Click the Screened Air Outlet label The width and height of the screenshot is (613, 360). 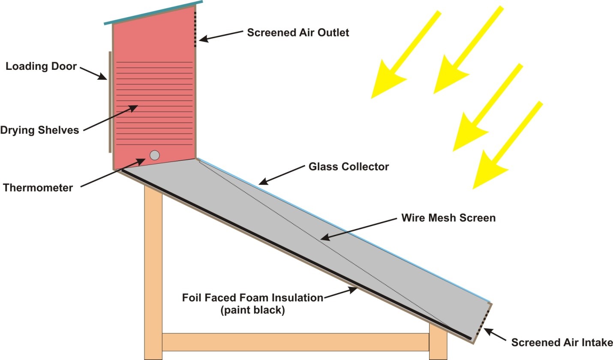tap(298, 33)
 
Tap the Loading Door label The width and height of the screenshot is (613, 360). tap(41, 66)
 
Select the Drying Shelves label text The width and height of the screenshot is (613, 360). tap(40, 130)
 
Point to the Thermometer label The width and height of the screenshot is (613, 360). tap(38, 188)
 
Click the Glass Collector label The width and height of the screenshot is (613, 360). tap(349, 167)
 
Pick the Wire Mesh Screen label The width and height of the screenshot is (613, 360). tap(448, 218)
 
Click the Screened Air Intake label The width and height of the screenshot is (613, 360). tap(562, 342)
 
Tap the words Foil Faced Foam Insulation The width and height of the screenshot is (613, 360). tap(253, 297)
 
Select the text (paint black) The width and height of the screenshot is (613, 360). tap(253, 310)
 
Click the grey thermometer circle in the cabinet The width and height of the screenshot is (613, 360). tap(155, 155)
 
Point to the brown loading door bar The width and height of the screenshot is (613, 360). tap(110, 102)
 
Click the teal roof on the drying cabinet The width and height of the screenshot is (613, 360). tap(153, 12)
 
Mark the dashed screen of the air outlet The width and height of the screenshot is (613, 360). tap(195, 27)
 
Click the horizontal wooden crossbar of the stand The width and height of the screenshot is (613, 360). tap(295, 342)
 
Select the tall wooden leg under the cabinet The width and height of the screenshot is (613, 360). tap(153, 273)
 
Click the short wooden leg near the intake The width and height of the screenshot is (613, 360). tap(438, 342)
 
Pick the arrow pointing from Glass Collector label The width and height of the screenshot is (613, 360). tap(282, 175)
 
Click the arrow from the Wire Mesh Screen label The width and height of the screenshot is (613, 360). tap(358, 229)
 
